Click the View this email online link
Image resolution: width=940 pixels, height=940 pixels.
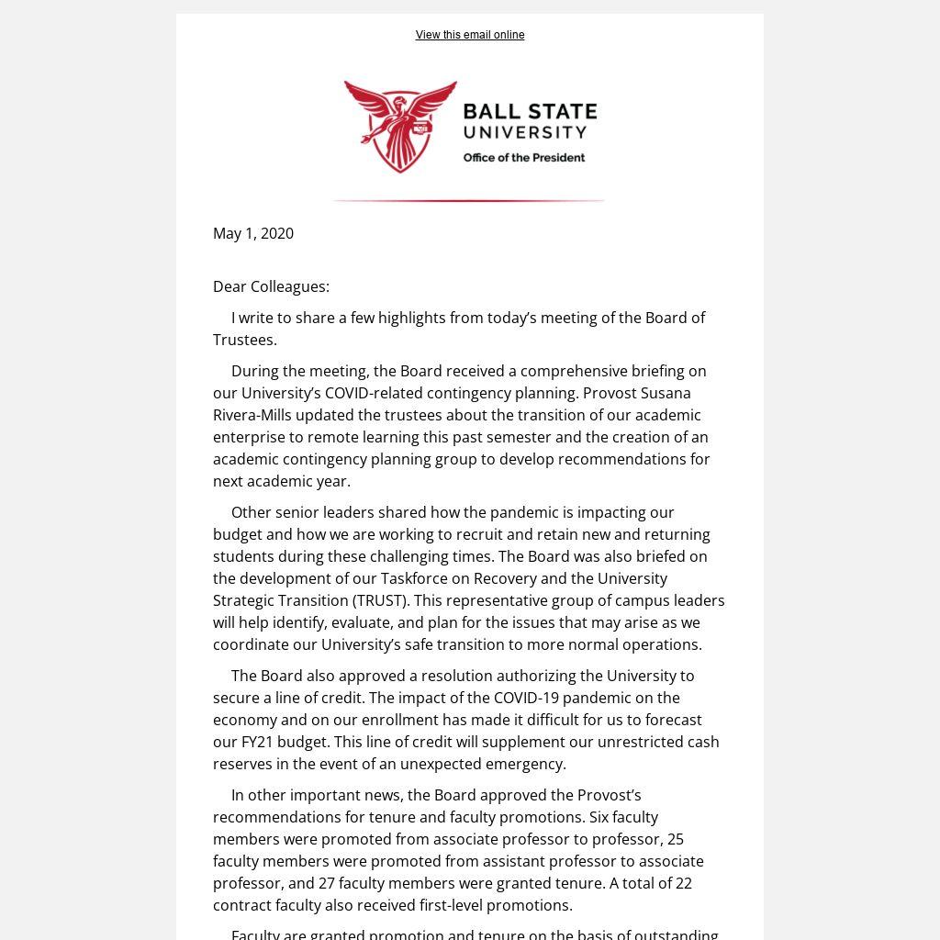470,35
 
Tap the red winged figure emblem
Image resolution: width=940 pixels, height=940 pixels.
400,126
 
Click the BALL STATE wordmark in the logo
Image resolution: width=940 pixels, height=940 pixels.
530,112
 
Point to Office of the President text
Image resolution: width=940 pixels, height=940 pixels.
523,158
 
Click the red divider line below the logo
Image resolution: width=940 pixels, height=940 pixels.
468,200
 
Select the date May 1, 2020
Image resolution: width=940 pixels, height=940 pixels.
253,233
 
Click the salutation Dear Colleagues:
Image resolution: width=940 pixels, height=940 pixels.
271,286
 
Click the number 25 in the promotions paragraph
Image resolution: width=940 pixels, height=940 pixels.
676,839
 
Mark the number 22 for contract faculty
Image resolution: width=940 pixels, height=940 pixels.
683,883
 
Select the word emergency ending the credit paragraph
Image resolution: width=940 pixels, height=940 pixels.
526,764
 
